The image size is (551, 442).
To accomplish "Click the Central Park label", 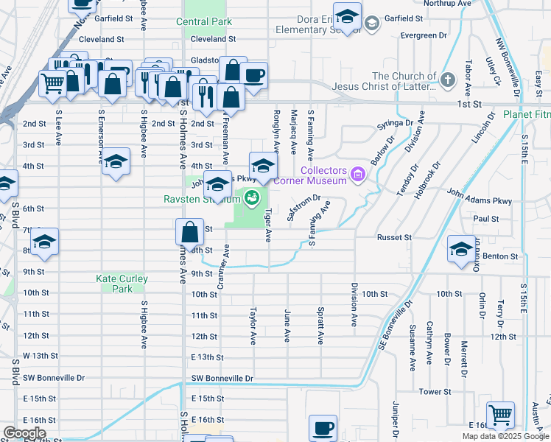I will [203, 21].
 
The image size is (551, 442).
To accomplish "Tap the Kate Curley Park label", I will [122, 284].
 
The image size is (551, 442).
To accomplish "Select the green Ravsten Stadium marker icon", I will [252, 198].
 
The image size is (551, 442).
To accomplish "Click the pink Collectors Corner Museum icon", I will [358, 175].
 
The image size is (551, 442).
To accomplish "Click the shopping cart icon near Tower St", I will [501, 415].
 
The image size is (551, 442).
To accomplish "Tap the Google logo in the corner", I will [24, 432].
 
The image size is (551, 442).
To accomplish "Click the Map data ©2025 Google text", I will [505, 437].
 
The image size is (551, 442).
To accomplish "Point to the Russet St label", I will [393, 238].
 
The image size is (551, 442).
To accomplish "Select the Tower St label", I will [434, 392].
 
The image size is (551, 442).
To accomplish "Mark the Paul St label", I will [486, 219].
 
